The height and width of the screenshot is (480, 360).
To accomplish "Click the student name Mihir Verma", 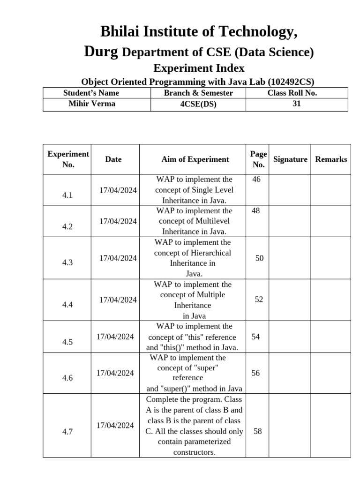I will (91, 104).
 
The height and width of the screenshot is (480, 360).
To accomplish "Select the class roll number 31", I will (296, 104).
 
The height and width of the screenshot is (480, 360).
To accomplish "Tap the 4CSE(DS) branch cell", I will (198, 104).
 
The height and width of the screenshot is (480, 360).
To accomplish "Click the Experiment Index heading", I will (199, 68).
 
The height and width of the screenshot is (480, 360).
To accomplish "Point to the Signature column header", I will (290, 159).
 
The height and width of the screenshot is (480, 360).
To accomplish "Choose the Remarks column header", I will (331, 159).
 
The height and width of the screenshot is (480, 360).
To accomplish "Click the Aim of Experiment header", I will (195, 159).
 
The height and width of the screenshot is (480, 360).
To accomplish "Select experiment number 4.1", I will (67, 195).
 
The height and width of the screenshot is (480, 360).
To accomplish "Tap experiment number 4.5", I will (67, 342).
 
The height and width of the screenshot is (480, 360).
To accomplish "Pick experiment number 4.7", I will (67, 432).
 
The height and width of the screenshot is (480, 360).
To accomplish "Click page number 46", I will (256, 180).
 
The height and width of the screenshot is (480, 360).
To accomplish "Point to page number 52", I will (259, 300).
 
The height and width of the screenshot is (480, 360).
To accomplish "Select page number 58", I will (258, 431).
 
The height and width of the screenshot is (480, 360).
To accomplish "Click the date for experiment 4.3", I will (118, 258).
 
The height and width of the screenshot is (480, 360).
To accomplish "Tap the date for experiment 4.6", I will (115, 373).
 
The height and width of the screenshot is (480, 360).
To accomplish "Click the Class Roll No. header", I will (292, 93).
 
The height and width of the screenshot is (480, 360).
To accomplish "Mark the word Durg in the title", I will (101, 52).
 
